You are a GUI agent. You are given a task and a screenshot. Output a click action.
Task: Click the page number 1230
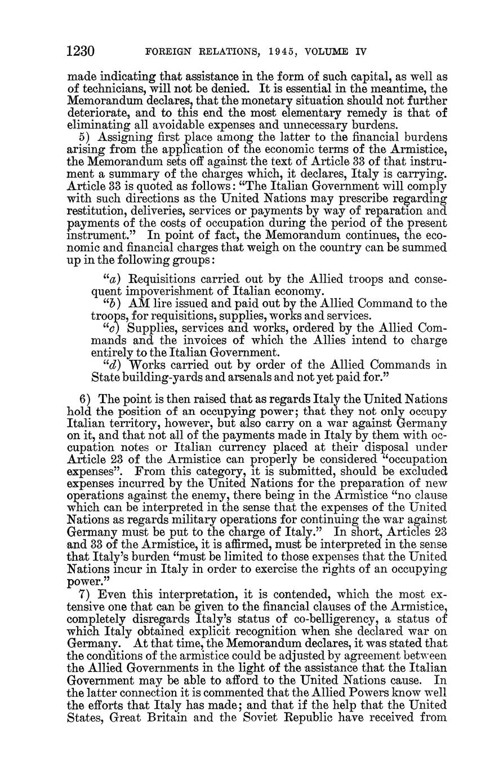coord(79,52)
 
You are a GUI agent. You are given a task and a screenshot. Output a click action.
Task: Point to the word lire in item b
coord(162,304)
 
